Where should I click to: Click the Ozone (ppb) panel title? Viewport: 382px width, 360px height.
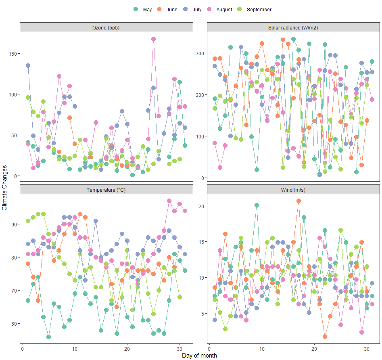click(x=106, y=27)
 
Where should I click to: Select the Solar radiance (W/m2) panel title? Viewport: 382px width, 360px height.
click(x=293, y=27)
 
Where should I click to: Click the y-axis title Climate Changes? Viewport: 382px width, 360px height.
click(x=5, y=188)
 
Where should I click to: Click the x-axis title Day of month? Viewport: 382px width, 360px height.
click(x=199, y=356)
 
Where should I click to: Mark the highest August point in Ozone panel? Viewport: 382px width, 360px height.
click(x=153, y=39)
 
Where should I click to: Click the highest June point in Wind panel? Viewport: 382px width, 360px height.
click(x=299, y=201)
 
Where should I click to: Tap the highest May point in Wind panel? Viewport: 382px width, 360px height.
click(x=257, y=205)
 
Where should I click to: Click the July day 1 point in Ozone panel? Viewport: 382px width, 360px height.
click(x=28, y=65)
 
